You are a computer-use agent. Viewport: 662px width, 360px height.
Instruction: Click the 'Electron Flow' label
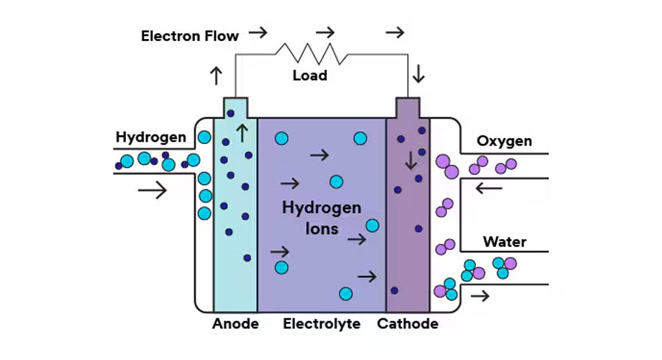click(189, 35)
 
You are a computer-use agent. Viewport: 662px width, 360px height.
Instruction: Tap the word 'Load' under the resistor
click(310, 75)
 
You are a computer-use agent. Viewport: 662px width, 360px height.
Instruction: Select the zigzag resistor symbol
click(310, 52)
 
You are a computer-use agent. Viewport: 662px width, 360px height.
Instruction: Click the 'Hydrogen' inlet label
click(151, 137)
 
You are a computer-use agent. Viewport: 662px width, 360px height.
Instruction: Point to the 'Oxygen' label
click(504, 140)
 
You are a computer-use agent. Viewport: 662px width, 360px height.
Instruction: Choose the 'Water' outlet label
click(504, 241)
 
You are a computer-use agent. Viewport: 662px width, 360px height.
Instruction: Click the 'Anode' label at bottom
click(235, 324)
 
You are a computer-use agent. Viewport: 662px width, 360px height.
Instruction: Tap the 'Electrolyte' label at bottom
click(322, 324)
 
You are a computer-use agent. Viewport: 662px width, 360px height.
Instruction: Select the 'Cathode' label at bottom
click(407, 324)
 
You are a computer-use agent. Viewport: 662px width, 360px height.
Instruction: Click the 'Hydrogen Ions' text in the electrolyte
click(322, 220)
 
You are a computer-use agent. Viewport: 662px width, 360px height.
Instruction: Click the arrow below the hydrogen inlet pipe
click(152, 190)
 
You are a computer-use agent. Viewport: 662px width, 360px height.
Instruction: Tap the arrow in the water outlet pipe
click(481, 295)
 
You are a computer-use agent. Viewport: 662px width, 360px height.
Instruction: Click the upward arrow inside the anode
click(242, 132)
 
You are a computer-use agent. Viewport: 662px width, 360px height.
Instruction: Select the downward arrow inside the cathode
click(410, 160)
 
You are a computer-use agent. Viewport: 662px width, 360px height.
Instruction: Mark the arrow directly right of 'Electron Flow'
click(258, 32)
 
